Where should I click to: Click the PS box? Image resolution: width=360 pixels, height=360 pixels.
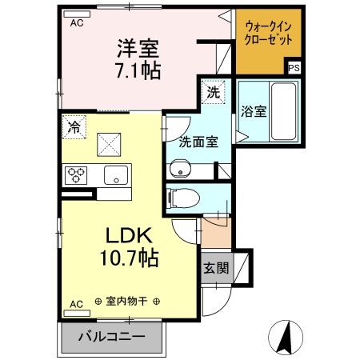[294, 68]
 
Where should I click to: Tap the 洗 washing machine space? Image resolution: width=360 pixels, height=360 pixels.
[213, 93]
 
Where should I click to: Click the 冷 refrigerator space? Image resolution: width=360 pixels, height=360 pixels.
[74, 126]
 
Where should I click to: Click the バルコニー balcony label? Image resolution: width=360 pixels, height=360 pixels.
[112, 336]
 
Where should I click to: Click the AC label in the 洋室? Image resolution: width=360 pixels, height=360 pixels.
[77, 23]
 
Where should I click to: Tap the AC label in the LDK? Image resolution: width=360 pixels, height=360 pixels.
[77, 304]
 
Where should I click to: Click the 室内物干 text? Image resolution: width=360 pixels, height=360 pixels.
[128, 302]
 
